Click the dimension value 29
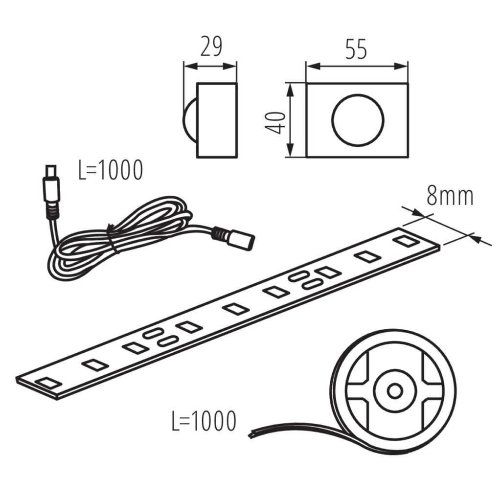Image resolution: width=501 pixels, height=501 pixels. pyautogui.click(x=210, y=47)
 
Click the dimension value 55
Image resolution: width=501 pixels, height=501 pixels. pyautogui.click(x=356, y=49)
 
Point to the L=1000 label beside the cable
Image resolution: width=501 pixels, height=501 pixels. pyautogui.click(x=111, y=170)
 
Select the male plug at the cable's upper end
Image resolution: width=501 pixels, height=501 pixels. pyautogui.click(x=51, y=192)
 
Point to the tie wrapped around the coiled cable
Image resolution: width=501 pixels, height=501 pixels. pyautogui.click(x=112, y=239)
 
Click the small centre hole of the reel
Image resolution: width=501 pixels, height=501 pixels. pyautogui.click(x=395, y=390)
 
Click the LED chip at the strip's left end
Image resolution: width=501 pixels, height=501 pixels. pyautogui.click(x=48, y=383)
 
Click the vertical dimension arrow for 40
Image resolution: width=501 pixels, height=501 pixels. pyautogui.click(x=290, y=120)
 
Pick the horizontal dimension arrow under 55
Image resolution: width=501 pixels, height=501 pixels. pyautogui.click(x=357, y=67)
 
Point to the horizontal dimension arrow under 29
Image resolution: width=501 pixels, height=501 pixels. pyautogui.click(x=210, y=67)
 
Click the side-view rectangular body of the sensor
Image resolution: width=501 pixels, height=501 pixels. pyautogui.click(x=217, y=120)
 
